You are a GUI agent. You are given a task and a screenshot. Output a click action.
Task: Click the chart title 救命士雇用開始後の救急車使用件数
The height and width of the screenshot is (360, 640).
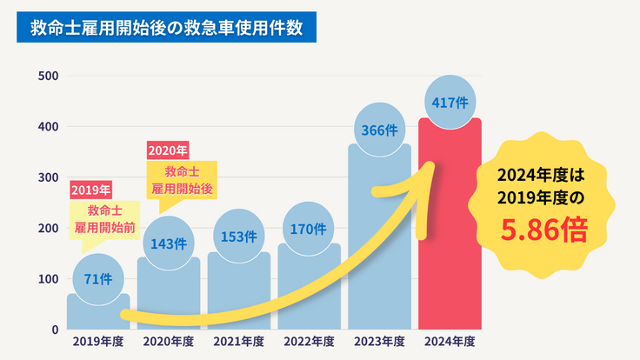166,28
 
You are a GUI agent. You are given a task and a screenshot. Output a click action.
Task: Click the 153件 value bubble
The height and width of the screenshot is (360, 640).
238,236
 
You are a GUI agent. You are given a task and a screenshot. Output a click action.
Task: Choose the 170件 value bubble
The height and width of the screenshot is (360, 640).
309,230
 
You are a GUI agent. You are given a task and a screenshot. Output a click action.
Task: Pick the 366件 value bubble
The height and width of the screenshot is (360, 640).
379,130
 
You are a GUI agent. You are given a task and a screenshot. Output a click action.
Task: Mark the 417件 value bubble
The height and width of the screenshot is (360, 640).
450,103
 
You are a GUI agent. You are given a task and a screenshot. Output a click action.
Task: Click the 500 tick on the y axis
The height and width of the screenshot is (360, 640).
49,77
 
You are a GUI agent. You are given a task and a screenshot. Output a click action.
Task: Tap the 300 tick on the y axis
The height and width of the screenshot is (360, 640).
49,177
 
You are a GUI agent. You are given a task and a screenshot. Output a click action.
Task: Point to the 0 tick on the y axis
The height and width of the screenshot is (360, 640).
54,330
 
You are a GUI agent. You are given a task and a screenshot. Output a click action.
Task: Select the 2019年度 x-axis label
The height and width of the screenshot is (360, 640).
97,342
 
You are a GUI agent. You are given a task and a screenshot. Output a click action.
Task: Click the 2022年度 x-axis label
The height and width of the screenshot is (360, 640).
309,342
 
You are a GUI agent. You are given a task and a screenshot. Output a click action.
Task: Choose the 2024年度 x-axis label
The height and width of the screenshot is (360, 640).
450,342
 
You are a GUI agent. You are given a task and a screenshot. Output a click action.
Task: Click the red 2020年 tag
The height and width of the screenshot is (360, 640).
168,150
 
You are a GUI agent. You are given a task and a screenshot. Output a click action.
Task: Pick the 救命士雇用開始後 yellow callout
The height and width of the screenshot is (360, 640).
183,179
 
